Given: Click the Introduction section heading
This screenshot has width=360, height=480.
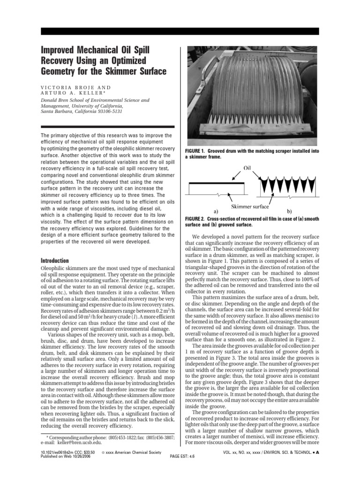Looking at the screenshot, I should [x=55, y=261].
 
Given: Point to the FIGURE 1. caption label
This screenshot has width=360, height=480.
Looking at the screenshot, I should [x=197, y=151].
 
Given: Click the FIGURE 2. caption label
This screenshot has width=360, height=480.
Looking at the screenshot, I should [x=197, y=218].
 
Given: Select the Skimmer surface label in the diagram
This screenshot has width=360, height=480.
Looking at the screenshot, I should [x=250, y=206].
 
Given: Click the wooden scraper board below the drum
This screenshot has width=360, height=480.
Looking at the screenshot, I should [x=253, y=130].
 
